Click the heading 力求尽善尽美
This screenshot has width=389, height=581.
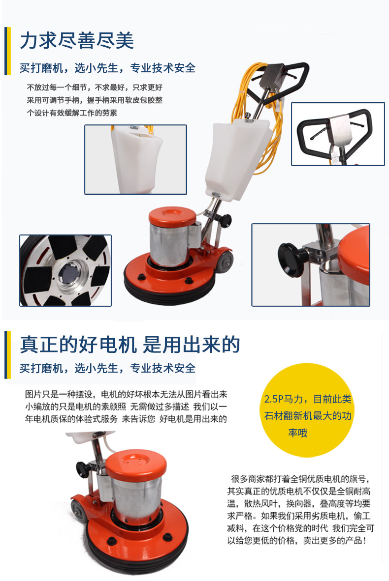pyautogui.click(x=77, y=40)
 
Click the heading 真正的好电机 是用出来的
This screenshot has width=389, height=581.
pyautogui.click(x=130, y=345)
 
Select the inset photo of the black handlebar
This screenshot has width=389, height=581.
pyautogui.click(x=337, y=134)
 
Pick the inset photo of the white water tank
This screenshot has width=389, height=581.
pyautogui.click(x=135, y=159)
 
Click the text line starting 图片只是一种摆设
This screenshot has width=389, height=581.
pyautogui.click(x=126, y=395)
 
